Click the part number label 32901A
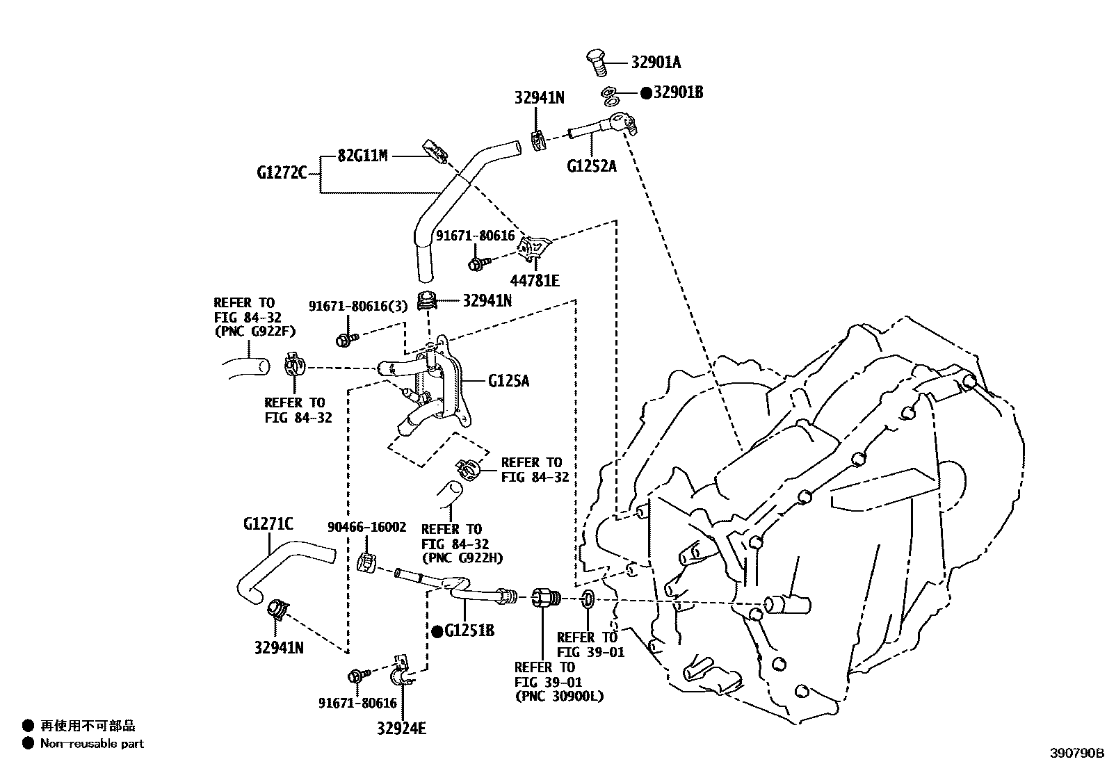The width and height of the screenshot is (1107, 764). (x=656, y=63)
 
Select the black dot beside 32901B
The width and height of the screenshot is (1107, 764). (x=646, y=92)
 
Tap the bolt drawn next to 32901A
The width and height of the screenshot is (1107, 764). (x=597, y=60)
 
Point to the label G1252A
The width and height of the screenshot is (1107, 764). (x=592, y=166)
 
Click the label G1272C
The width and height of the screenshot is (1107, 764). (x=282, y=172)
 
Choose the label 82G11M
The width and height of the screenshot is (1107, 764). (x=362, y=156)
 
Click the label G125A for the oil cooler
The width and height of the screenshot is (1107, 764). (x=508, y=381)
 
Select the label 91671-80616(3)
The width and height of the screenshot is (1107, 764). (x=357, y=306)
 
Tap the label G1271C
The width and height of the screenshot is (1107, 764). (x=268, y=523)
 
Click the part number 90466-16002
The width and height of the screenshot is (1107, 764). (x=366, y=528)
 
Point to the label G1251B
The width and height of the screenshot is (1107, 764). (x=469, y=631)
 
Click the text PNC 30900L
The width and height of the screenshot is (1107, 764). (x=559, y=696)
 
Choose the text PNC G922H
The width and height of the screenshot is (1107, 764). (x=462, y=558)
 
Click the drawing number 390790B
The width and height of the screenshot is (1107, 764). (x=1077, y=753)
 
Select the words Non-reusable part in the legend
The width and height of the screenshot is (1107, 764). (x=92, y=744)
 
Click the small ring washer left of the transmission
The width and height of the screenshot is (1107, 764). (x=587, y=598)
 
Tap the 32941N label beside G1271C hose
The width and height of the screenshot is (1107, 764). (x=279, y=648)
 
